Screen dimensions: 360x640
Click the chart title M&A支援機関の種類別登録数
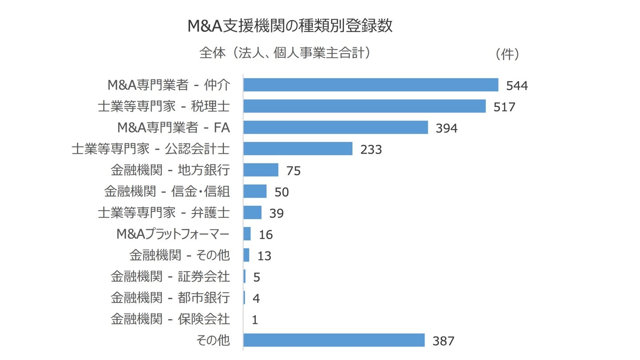290,26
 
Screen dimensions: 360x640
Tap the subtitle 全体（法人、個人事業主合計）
285,53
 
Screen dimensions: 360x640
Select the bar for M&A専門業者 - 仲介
371,85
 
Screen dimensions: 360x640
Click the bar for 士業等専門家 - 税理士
364,106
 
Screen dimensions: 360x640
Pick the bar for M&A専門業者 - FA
336,128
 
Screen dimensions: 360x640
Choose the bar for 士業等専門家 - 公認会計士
298,149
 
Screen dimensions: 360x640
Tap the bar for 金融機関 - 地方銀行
261,170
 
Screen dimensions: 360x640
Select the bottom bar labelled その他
334,340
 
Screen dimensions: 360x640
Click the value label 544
517,85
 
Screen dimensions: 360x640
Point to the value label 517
504,107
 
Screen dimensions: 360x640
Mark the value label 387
444,341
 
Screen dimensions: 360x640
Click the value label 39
276,213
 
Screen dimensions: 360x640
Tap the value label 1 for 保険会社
255,320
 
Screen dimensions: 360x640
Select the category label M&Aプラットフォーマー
173,234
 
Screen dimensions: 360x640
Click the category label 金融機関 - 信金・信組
167,192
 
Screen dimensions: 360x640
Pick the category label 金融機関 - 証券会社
170,277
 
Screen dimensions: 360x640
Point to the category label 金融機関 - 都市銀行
170,298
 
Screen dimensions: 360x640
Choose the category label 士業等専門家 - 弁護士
164,213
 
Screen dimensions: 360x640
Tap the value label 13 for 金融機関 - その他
264,256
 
